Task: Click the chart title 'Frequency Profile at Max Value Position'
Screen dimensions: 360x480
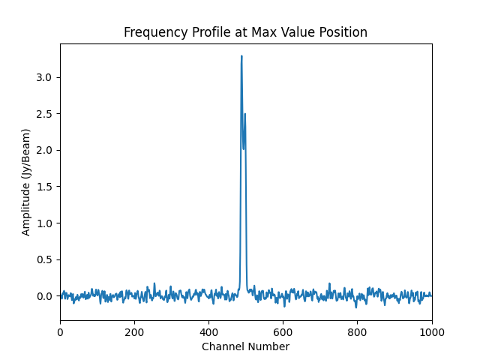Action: click(x=245, y=32)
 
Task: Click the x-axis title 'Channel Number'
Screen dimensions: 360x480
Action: click(x=245, y=346)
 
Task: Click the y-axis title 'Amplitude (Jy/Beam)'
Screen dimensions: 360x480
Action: click(x=26, y=182)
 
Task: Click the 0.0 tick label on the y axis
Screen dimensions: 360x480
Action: click(x=45, y=296)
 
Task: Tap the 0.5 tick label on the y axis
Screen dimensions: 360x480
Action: click(x=45, y=259)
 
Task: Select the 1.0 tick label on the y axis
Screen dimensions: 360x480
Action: click(x=45, y=223)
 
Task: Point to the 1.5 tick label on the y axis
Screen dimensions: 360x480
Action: click(x=45, y=187)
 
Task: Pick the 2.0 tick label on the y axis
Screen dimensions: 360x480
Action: click(x=45, y=150)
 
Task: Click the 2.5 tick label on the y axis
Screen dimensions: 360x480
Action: click(x=45, y=114)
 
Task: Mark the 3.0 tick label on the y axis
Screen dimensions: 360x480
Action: click(x=45, y=77)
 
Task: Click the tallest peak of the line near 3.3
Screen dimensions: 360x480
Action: click(x=241, y=56)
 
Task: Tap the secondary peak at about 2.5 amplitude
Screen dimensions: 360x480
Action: click(x=245, y=114)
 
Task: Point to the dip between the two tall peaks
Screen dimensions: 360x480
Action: click(x=243, y=148)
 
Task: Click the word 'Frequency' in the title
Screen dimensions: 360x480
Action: click(x=150, y=32)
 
